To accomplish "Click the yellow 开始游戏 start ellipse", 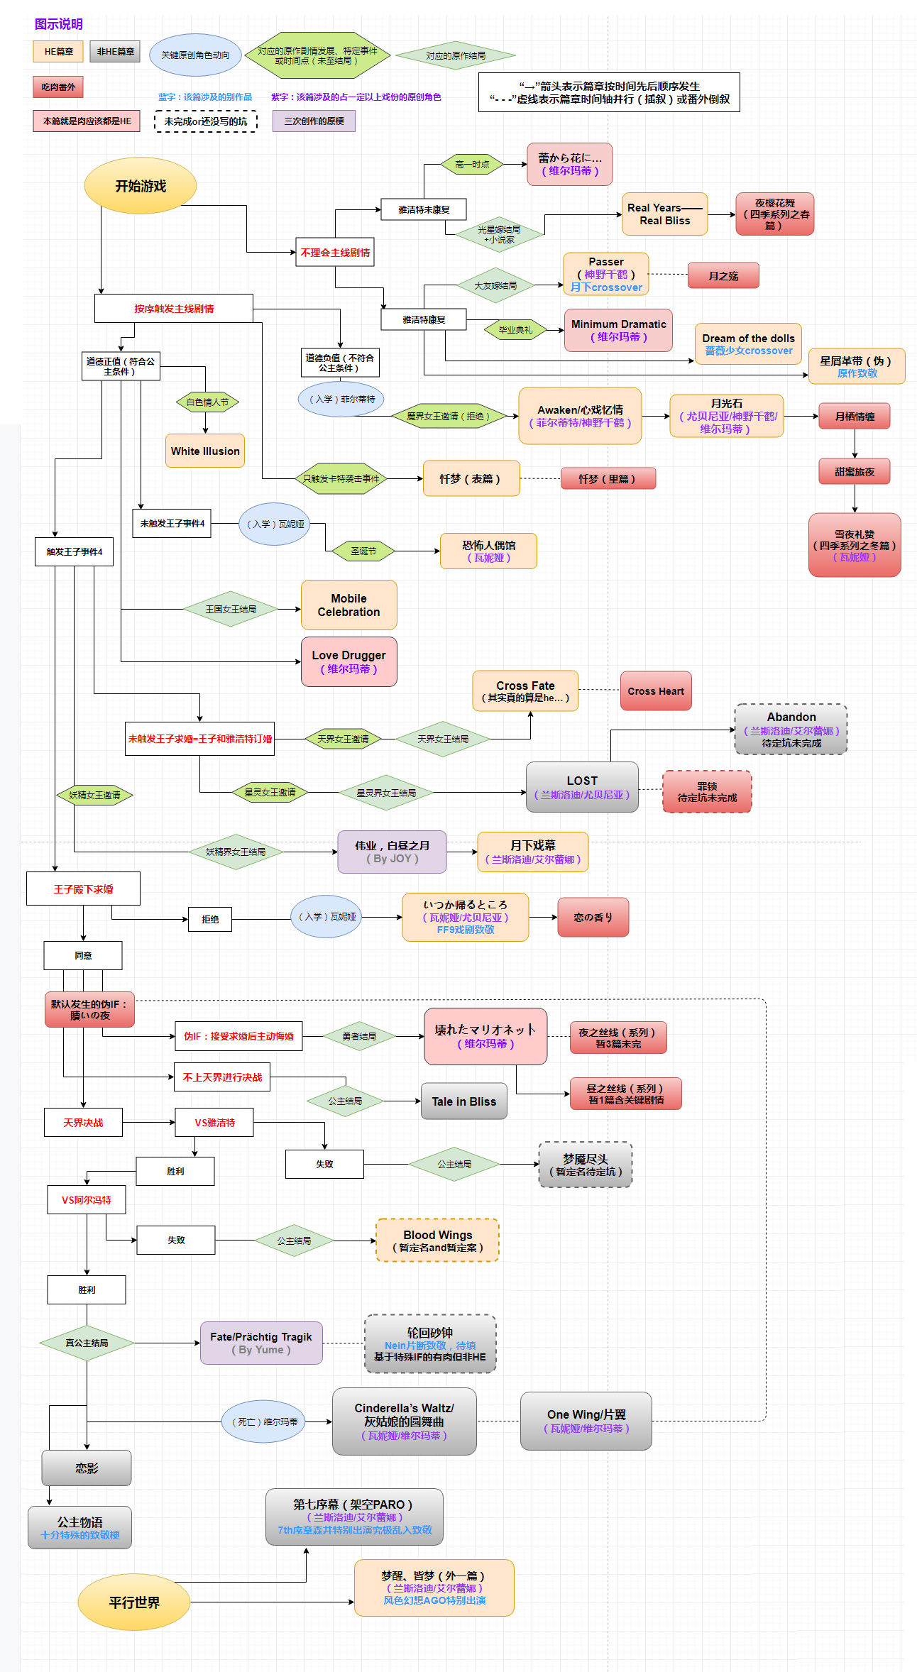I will (141, 186).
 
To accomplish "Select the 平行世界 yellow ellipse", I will (134, 1602).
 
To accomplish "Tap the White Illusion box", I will (205, 451).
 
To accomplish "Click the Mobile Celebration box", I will (348, 605).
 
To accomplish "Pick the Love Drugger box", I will (348, 661).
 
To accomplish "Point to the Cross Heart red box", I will (655, 691).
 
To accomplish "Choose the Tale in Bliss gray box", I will (463, 1101).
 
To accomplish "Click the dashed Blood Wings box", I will (437, 1241).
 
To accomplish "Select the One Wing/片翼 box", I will (586, 1421).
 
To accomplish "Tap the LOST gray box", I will (582, 787).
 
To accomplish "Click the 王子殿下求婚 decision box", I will (83, 889).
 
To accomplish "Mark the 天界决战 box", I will (83, 1123).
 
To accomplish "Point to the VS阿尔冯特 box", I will (87, 1200).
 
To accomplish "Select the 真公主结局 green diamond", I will (87, 1343).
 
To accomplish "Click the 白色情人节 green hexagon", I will (207, 402).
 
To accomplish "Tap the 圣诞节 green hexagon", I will (363, 551).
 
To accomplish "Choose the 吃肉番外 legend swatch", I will (58, 87).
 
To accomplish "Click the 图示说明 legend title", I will (59, 24).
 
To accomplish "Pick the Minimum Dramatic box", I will (618, 330).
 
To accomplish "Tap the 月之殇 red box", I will (723, 275).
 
